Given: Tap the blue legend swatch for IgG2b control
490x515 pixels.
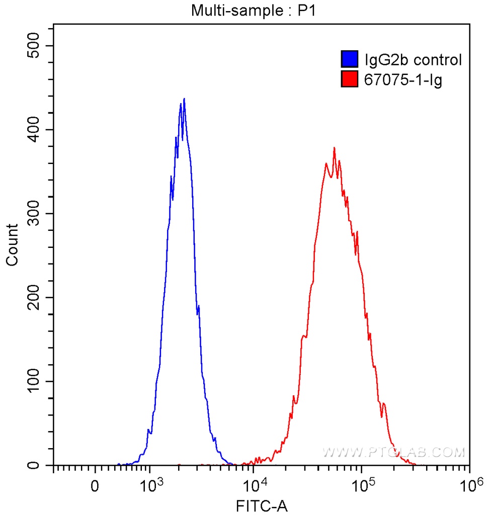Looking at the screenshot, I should [x=349, y=59].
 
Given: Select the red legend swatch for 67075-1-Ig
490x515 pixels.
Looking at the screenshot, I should [x=349, y=79].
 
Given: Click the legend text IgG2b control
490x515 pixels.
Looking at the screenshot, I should [x=413, y=60].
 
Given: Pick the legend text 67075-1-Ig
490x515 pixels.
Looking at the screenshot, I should [x=402, y=79].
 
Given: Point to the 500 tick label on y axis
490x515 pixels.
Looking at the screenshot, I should [x=36, y=46].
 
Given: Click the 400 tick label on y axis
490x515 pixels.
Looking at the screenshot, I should [x=36, y=130].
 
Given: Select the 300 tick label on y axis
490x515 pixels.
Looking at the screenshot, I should [x=36, y=214].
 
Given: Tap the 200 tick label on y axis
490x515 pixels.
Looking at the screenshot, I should [x=36, y=298].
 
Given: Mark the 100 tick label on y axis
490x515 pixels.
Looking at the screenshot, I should [x=36, y=382].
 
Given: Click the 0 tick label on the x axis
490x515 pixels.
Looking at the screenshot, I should [x=95, y=487].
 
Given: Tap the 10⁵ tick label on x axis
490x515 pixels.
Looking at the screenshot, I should [x=362, y=486].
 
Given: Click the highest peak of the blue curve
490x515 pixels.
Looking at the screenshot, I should [x=184, y=99].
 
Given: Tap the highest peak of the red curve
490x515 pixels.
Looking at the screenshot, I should [x=334, y=148].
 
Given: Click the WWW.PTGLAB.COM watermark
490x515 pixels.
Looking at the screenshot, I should [x=393, y=452].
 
